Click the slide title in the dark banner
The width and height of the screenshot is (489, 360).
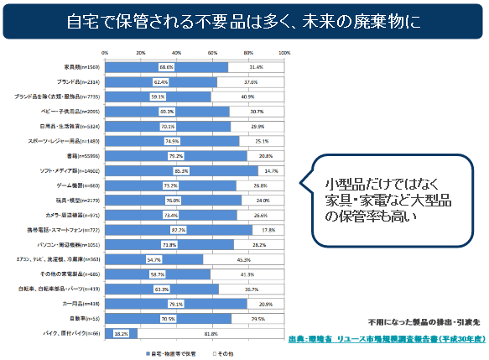coord(244,19)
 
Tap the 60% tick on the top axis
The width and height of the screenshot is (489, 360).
coord(212,52)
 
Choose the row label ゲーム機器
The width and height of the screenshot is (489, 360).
coord(84,185)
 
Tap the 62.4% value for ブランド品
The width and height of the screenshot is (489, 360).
coord(160,81)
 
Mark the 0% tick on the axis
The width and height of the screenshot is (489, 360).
coord(105,52)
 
